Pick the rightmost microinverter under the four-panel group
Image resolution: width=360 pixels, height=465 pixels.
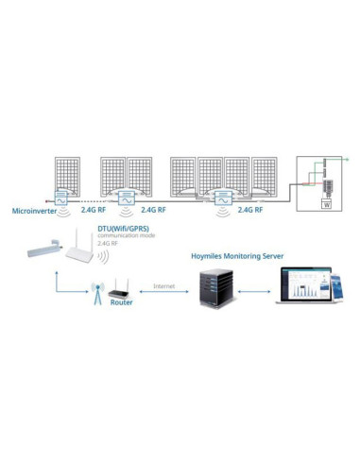tap(223, 199)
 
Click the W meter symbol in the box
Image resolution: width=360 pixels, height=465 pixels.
tap(326, 203)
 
